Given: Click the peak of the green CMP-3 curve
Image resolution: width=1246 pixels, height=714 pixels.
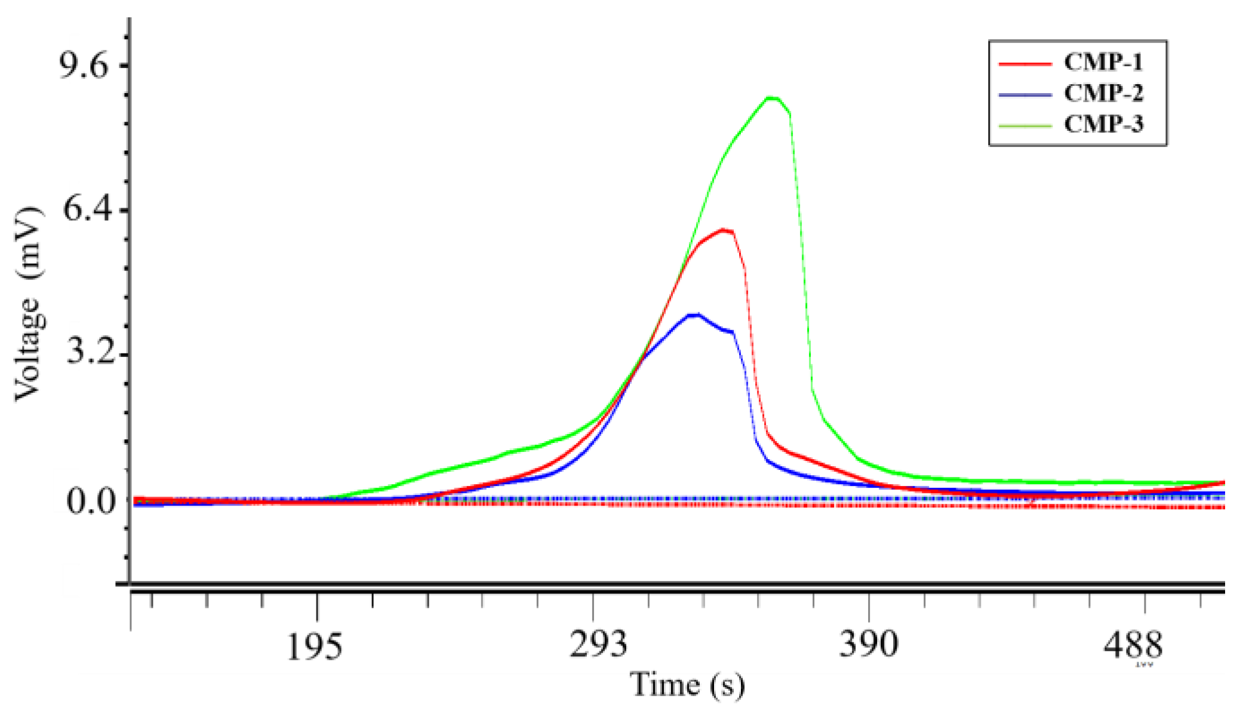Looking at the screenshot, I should [x=772, y=98].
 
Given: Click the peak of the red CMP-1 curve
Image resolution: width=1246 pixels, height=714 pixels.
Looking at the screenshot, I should [x=723, y=230].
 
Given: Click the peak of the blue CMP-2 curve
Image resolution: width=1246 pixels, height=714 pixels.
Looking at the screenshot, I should [x=694, y=315].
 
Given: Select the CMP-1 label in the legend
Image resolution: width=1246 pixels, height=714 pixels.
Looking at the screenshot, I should [x=1103, y=62].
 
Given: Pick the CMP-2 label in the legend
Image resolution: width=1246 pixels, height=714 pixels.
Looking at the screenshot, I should [x=1103, y=93].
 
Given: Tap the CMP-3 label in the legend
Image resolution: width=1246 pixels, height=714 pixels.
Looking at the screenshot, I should [x=1103, y=124].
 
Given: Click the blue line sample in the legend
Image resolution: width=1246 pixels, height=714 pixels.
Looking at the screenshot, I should [x=1025, y=94].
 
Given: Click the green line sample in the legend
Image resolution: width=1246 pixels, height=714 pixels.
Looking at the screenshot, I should [x=1025, y=125].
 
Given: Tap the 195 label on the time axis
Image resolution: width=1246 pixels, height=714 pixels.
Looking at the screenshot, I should [x=315, y=646].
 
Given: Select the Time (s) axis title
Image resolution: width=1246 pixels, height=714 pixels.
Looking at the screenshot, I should [x=687, y=685].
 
